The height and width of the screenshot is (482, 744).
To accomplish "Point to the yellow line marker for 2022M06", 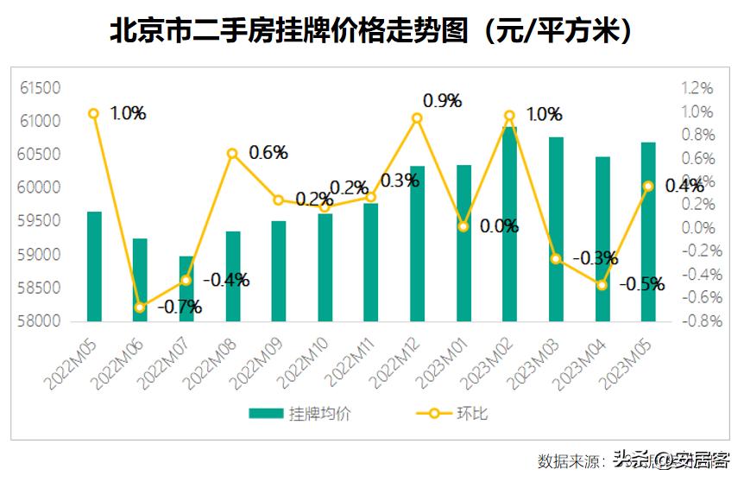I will (140, 308).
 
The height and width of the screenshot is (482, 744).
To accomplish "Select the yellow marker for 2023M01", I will (463, 226).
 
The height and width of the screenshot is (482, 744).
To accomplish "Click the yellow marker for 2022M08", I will (232, 154).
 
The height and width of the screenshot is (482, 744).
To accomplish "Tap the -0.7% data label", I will (180, 307).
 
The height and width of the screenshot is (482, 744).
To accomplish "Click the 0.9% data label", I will (443, 101).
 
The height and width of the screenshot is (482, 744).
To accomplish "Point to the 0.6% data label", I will (268, 153).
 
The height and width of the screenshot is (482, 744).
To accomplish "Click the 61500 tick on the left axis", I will (41, 88).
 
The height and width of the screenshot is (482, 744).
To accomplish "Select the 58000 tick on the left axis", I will (41, 321).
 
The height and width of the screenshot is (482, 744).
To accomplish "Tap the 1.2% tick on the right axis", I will (697, 88).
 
